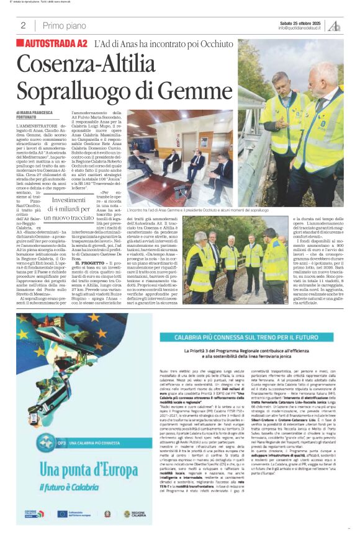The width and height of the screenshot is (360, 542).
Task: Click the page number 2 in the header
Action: (x=23, y=25)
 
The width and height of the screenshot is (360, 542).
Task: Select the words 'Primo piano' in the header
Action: (x=63, y=25)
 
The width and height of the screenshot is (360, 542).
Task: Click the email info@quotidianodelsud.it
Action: (x=299, y=28)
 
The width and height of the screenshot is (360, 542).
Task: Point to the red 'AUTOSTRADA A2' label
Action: (x=52, y=44)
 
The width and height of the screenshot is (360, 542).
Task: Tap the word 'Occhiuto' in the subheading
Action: (x=218, y=45)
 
